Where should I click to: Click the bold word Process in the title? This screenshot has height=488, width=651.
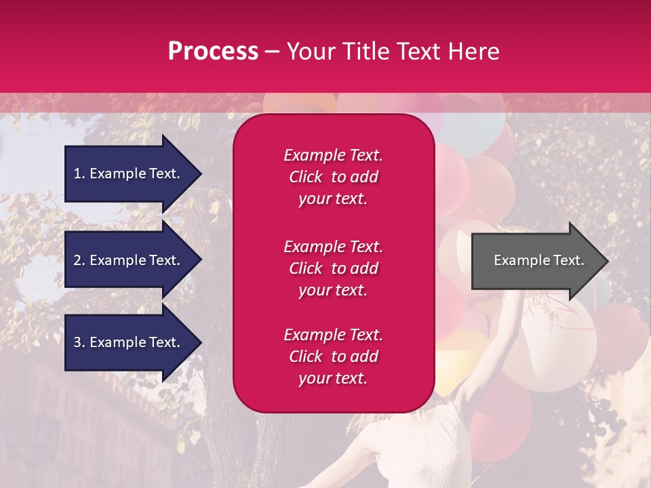point(213,52)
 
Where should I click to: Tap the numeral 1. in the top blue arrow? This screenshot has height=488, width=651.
point(79,174)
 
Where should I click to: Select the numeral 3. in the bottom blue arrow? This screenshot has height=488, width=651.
point(79,342)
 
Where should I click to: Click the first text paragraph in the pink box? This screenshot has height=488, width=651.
point(333,177)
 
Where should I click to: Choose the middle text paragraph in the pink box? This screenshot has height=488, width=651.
point(333,268)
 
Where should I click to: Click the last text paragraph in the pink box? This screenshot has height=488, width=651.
point(333,357)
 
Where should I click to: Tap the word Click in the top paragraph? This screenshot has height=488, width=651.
point(306,177)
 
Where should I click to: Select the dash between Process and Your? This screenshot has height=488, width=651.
point(272,52)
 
